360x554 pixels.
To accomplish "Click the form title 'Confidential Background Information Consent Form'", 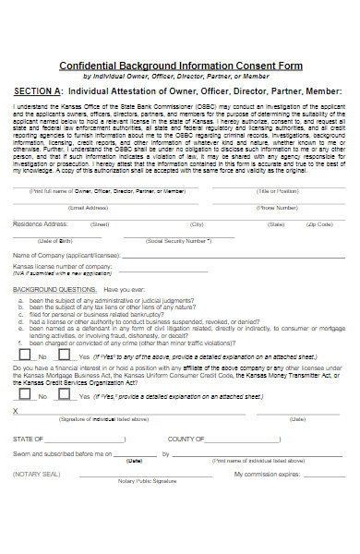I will (179, 66).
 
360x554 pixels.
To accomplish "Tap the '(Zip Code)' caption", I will (320, 224).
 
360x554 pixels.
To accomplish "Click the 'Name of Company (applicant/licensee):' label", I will (66, 255).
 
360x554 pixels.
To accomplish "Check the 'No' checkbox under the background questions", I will (22, 355).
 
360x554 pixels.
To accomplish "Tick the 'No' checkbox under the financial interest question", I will (22, 396).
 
